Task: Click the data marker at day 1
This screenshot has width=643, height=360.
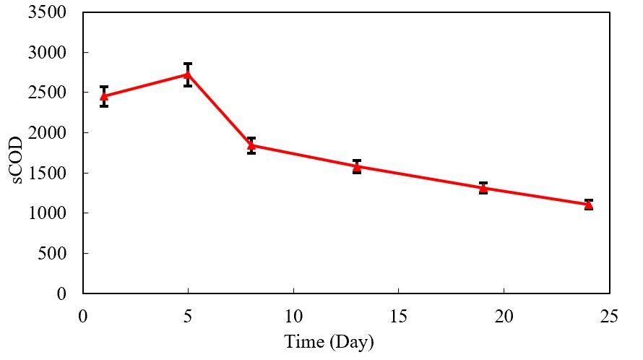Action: click(104, 95)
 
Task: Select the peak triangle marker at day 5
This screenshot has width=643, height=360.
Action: click(188, 74)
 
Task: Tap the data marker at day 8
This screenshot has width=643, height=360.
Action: click(251, 145)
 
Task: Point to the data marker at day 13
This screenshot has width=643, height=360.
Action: click(357, 166)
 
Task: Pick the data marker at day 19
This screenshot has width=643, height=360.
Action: click(483, 188)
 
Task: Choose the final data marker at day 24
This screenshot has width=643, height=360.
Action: click(589, 205)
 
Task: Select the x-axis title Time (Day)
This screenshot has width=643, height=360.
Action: click(329, 341)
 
